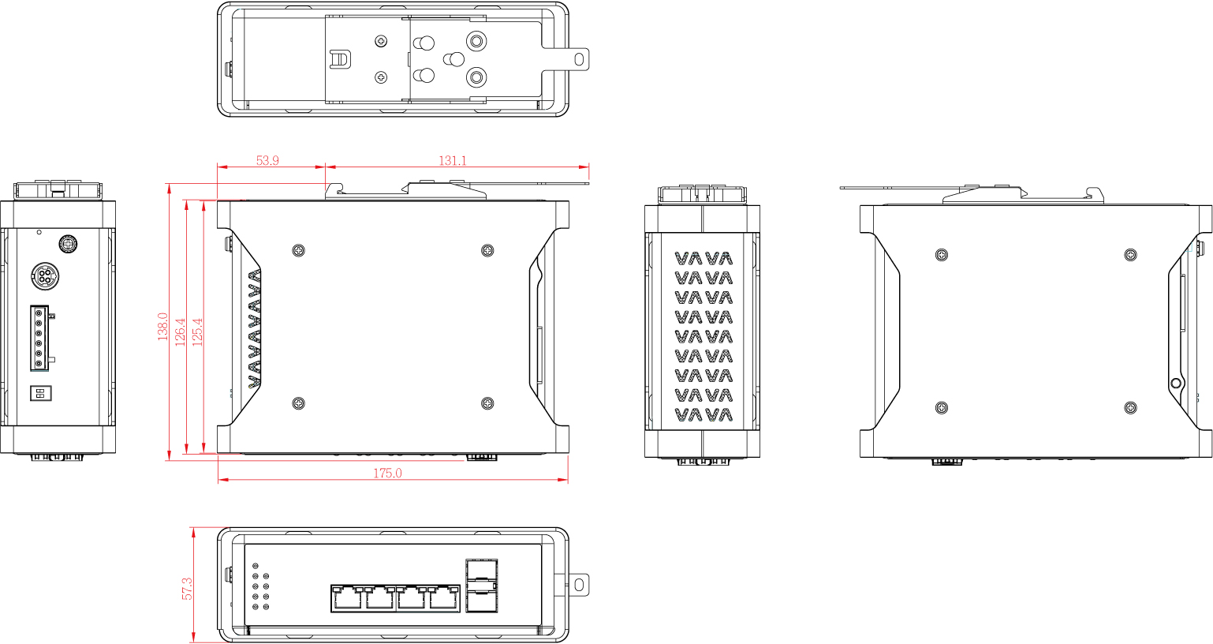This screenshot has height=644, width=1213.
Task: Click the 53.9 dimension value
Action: [x=267, y=160]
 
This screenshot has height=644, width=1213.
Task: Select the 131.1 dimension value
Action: [x=452, y=160]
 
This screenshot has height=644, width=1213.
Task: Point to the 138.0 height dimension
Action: [x=163, y=327]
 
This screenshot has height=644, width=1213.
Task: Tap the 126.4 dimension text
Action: [x=181, y=331]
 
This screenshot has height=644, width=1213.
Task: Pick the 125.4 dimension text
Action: [x=197, y=331]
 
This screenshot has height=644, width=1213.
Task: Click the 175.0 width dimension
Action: [x=388, y=474]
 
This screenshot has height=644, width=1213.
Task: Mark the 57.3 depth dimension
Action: [x=187, y=589]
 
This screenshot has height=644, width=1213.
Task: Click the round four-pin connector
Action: [x=45, y=275]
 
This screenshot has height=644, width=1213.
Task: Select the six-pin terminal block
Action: [x=39, y=338]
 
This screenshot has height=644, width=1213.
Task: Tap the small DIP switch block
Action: [x=41, y=393]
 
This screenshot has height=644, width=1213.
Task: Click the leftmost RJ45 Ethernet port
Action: [x=347, y=598]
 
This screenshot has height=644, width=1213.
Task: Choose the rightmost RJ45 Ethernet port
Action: [x=444, y=598]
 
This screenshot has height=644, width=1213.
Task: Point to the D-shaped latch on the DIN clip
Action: [x=340, y=59]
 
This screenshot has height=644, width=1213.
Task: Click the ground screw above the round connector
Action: [x=68, y=243]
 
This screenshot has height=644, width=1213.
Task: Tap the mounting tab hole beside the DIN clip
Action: [x=579, y=59]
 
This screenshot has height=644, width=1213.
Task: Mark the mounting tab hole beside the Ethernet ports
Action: [x=579, y=585]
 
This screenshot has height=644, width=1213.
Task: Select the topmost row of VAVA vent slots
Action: [x=704, y=258]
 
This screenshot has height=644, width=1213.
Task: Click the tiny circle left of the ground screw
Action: [x=39, y=232]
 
